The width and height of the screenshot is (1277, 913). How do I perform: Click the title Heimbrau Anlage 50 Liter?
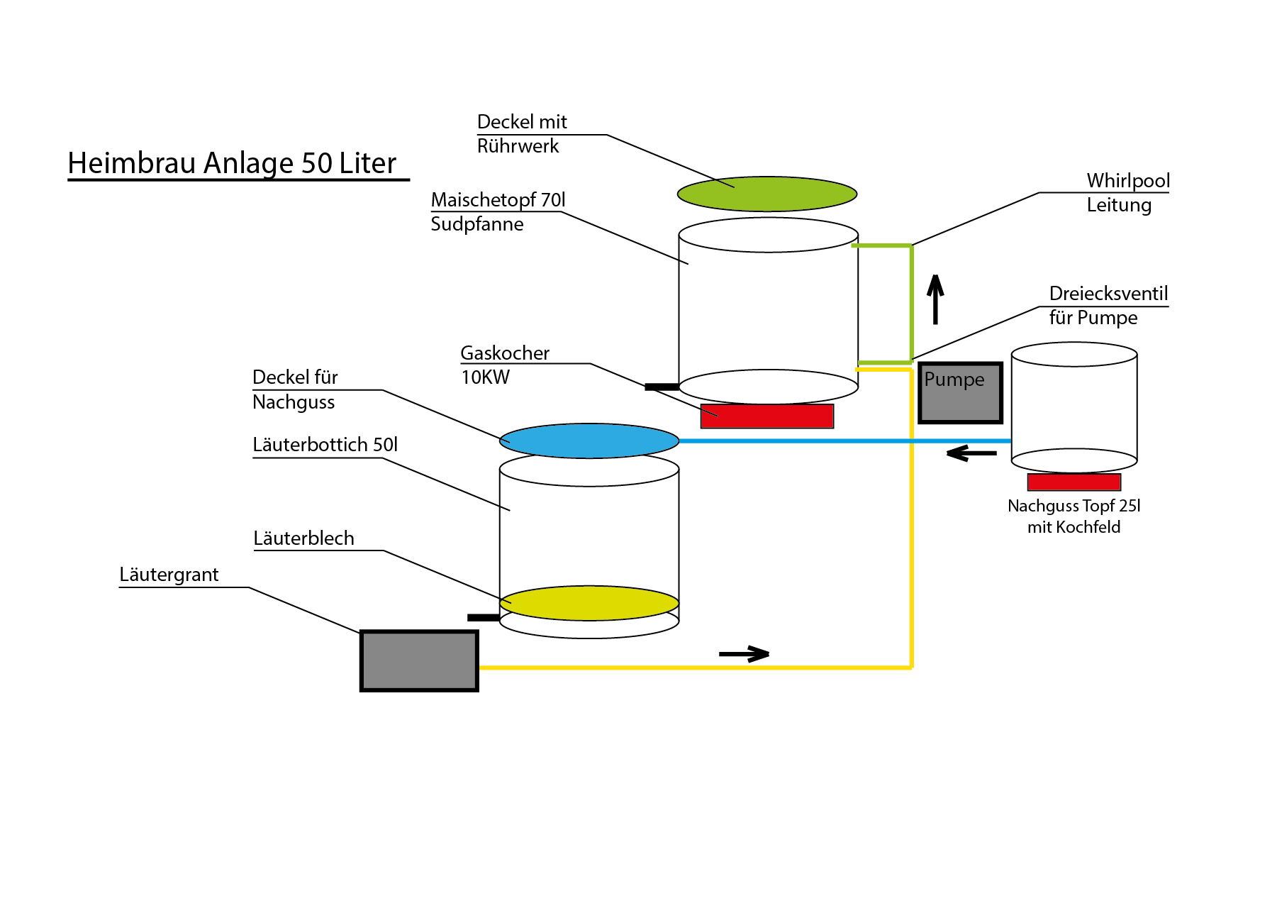(232, 163)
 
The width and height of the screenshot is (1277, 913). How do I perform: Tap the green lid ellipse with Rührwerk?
(766, 194)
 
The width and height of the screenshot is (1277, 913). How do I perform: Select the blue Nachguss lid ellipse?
(589, 441)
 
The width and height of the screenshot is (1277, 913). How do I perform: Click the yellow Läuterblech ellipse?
(589, 603)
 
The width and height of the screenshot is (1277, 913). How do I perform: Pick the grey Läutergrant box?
(419, 660)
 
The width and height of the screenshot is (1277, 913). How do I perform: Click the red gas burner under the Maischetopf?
(766, 416)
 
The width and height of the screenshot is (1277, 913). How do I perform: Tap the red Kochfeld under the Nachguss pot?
(1074, 482)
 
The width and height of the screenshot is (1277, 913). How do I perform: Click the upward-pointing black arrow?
(935, 299)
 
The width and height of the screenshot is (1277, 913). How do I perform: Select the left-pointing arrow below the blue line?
(971, 453)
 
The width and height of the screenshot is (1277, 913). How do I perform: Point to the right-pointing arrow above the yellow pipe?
(744, 653)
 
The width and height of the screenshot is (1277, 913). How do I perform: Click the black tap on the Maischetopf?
(661, 387)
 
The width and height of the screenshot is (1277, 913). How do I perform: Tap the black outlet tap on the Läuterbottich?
(484, 617)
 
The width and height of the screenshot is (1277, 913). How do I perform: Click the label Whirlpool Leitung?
(1127, 193)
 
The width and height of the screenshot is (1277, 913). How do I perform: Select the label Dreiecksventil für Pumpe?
(1108, 306)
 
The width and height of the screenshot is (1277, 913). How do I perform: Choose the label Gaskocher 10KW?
(504, 365)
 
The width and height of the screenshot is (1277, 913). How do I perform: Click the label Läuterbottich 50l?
(325, 445)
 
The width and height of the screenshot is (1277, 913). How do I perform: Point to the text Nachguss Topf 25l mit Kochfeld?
(1074, 516)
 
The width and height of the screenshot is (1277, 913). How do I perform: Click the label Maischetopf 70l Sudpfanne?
(498, 211)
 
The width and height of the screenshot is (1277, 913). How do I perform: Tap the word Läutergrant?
(169, 575)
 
